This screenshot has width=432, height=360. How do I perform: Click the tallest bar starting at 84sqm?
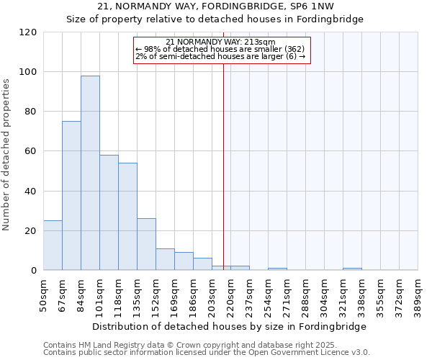coord(90,173)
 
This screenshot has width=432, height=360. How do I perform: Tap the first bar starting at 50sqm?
coord(53,246)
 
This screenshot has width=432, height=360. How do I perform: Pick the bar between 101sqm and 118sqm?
coord(109,212)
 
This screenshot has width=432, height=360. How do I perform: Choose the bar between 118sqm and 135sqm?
coord(127,217)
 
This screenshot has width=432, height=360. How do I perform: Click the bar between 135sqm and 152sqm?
coord(146,244)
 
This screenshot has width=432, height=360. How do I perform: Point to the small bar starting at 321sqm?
coord(352,269)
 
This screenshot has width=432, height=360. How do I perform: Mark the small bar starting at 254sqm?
coord(277,269)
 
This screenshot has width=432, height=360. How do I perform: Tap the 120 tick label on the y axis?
coord(28,32)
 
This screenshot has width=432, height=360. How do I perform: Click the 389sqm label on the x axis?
coord(418,293)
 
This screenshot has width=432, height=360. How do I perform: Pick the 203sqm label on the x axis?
coord(212,293)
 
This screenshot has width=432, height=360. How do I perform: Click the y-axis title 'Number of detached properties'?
coord(7,156)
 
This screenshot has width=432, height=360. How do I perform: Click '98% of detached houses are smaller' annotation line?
coord(220,49)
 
